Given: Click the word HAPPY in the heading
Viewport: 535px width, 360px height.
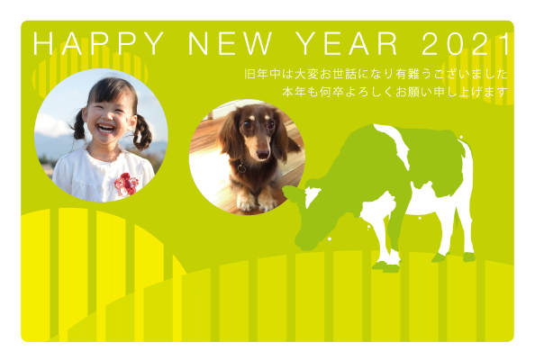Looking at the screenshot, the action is point(98,43).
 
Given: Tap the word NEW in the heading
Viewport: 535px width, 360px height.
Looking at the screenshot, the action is point(230,43).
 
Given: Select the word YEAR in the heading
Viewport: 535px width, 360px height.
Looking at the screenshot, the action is point(347,43).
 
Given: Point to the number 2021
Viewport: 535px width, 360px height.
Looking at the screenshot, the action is point(466,43).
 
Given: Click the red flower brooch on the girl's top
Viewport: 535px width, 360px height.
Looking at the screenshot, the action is point(126,184).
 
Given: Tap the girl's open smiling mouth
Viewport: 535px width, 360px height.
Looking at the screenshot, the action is point(106,129).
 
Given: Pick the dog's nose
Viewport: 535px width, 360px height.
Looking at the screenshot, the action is point(262,154).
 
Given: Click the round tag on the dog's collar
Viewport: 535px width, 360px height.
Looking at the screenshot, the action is point(241,168).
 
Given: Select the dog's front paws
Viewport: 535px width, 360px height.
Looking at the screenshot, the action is point(257,203).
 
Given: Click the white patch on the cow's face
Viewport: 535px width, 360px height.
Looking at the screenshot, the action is point(311,196).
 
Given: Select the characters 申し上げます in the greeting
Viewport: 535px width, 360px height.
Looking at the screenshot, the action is point(470,92).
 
